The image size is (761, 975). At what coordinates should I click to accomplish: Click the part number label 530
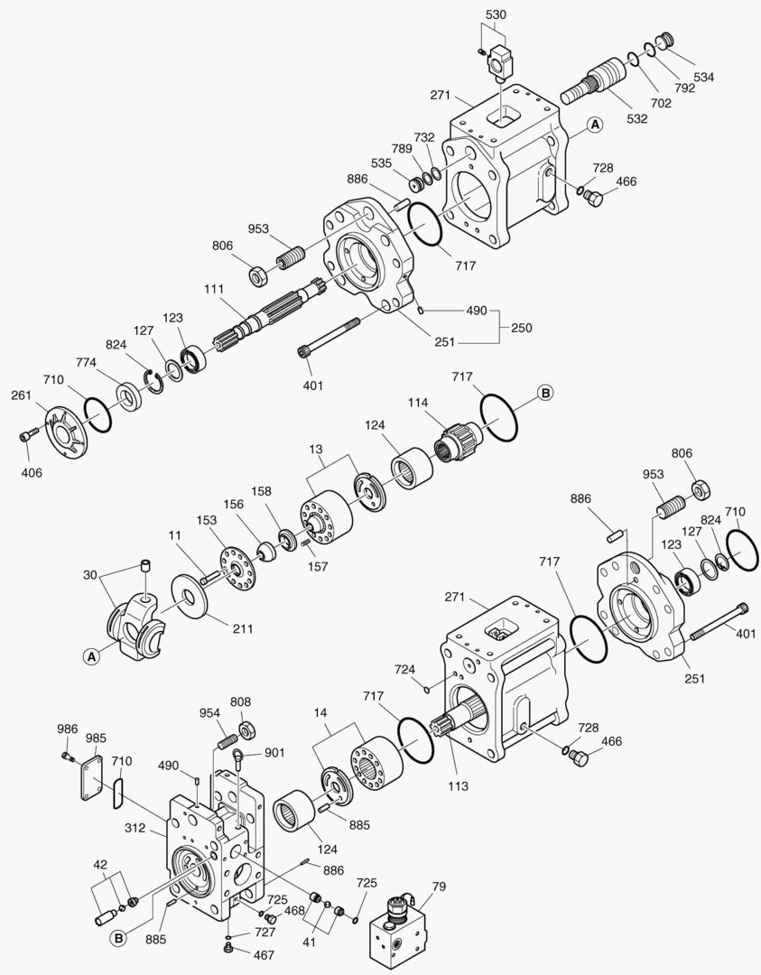click(496, 15)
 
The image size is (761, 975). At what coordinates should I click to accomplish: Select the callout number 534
click(703, 78)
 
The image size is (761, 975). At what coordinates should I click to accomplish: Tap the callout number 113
click(458, 785)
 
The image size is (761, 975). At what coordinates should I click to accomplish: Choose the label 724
click(404, 669)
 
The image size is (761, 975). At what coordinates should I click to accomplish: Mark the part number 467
click(264, 954)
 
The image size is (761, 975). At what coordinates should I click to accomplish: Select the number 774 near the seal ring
click(86, 362)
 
